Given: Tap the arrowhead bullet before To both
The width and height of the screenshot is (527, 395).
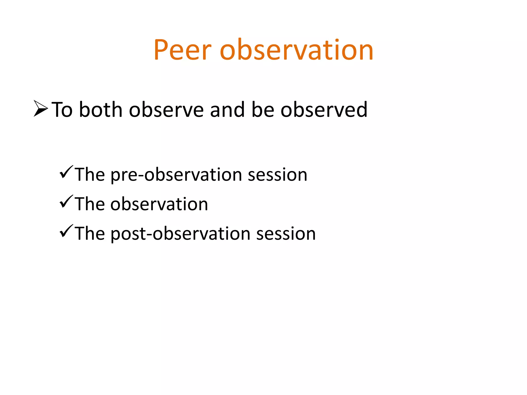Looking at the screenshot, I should [x=41, y=109].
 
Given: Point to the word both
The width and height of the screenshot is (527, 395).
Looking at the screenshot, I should [x=100, y=110].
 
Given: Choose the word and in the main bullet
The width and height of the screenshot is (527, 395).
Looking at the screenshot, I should [x=227, y=110].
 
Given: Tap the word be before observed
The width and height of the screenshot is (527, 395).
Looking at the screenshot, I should [x=263, y=110].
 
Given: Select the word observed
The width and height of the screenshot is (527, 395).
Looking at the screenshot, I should [x=324, y=110].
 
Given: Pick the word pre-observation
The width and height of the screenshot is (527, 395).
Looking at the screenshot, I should [x=176, y=175].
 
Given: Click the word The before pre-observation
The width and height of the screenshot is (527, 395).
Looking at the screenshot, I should [x=90, y=175].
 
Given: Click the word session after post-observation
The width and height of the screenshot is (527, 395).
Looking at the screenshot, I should [x=286, y=234].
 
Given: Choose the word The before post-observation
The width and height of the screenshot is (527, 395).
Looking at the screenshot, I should [x=90, y=234].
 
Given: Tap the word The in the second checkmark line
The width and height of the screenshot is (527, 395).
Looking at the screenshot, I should [x=90, y=204].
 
